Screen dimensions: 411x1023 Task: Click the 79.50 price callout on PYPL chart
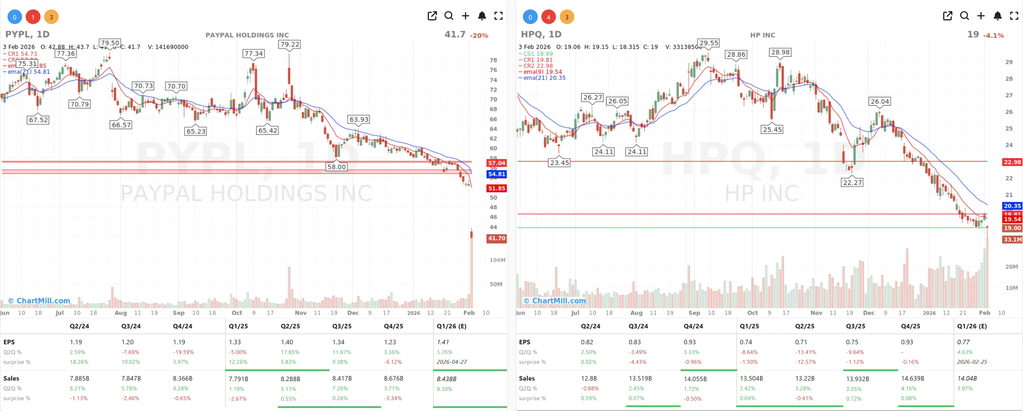110,43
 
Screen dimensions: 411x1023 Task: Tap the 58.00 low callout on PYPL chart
336,167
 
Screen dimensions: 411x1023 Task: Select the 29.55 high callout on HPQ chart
709,43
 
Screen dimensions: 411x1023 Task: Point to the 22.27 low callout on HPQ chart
852,182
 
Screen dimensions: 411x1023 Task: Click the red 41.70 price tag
496,238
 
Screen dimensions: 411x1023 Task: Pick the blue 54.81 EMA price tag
496,174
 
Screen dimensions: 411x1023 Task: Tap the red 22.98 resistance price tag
1012,162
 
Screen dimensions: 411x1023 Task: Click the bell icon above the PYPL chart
482,16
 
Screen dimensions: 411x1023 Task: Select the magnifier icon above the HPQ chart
964,16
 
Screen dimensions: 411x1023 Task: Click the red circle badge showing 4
548,17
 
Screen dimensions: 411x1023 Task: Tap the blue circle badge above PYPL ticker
15,17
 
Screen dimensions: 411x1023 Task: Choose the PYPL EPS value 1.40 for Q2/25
287,342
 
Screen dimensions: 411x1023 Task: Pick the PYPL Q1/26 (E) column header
451,326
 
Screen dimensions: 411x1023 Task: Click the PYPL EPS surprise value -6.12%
393,362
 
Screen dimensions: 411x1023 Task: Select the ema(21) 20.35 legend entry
544,78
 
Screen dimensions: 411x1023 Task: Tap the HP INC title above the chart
762,35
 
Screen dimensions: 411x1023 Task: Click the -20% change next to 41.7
479,35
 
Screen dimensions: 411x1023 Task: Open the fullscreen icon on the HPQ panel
1014,16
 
